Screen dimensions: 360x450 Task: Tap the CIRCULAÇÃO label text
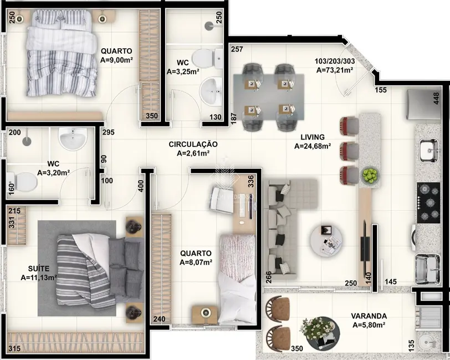point(193,144)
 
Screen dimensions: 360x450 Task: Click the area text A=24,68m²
point(313,147)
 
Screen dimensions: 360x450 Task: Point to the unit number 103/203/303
point(335,61)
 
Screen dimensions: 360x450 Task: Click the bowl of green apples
point(369,176)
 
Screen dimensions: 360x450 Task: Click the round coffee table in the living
point(326,238)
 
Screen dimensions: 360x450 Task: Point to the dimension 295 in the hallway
point(109,133)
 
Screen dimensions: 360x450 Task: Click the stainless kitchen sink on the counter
point(428,150)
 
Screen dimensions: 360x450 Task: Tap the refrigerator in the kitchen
point(421,104)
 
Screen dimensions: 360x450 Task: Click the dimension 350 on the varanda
point(297,349)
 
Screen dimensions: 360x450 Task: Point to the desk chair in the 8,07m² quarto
point(221,198)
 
